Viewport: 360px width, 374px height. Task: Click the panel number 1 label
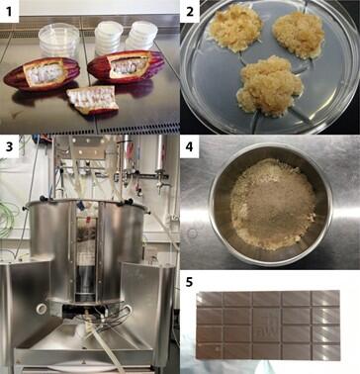tap(9, 12)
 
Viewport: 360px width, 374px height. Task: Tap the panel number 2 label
tap(189, 12)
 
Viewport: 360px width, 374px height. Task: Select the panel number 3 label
tap(9, 146)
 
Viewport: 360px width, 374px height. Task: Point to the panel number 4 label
tap(189, 146)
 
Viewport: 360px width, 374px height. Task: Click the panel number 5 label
tap(189, 282)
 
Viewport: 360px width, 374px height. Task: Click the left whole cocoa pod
tap(42, 73)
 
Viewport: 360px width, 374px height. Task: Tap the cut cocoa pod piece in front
tap(93, 99)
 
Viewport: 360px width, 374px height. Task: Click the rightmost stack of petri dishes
tap(141, 36)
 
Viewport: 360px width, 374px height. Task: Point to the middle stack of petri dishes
tap(109, 38)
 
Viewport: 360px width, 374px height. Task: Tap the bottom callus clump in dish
tap(269, 86)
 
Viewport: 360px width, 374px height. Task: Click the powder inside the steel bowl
tap(273, 205)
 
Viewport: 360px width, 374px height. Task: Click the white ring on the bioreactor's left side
tap(42, 309)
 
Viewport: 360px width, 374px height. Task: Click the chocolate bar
tap(268, 326)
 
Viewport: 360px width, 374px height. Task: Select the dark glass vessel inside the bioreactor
tap(86, 279)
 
